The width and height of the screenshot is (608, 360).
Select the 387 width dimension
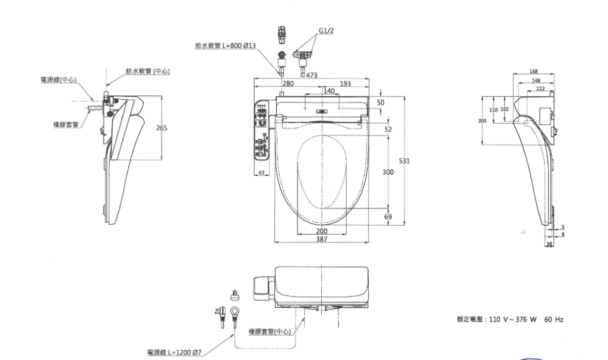(322, 238)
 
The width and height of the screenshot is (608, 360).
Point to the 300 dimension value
(388, 172)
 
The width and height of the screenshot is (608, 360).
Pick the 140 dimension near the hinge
(330, 90)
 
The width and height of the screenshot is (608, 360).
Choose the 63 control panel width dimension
(261, 172)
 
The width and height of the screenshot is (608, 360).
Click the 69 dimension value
(388, 217)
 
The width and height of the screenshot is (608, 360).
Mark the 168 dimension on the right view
(533, 72)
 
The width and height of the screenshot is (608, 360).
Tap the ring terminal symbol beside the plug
(234, 311)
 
